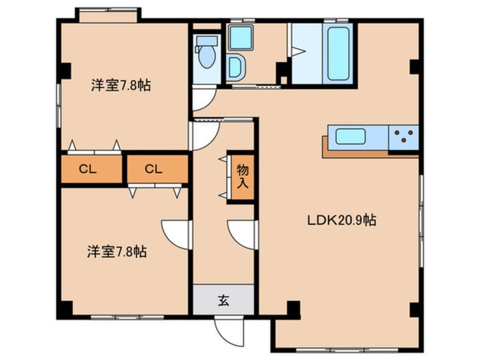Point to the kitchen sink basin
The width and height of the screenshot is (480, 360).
[x=350, y=137]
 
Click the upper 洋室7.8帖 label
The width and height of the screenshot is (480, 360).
[x=120, y=86]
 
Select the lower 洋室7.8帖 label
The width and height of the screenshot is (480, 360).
[x=117, y=252]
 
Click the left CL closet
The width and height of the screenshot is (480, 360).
[x=91, y=169]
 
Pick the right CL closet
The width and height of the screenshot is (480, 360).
[x=157, y=169]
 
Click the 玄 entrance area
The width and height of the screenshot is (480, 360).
[x=223, y=300]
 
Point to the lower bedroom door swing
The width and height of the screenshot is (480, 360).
[x=176, y=233]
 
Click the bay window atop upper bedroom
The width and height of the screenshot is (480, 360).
[x=108, y=14]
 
